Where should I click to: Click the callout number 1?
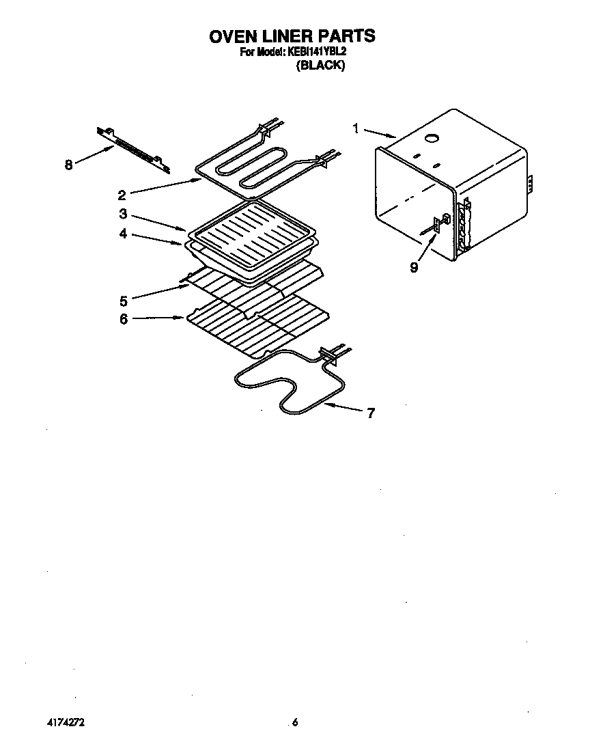click(x=356, y=128)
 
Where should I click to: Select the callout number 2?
click(x=122, y=194)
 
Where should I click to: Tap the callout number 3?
click(x=122, y=213)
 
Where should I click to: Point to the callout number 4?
click(x=122, y=234)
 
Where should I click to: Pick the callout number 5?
click(x=123, y=300)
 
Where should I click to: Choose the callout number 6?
click(x=123, y=319)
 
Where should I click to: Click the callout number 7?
click(x=371, y=413)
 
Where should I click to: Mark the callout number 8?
click(x=68, y=165)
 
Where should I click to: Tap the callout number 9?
click(x=414, y=266)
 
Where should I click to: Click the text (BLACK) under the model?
click(x=320, y=66)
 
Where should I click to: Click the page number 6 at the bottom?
click(x=295, y=721)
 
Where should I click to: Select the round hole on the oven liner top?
click(x=432, y=139)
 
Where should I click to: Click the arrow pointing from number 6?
click(x=156, y=318)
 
